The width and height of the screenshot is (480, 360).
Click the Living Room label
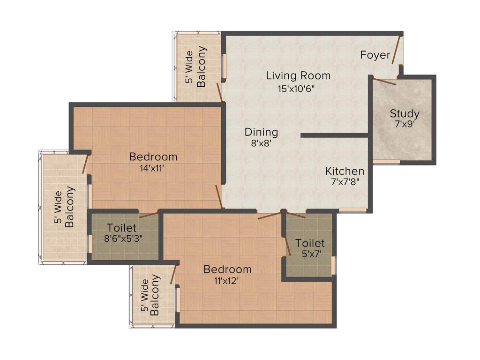pos(298,75)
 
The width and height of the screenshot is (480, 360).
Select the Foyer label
pos(375,55)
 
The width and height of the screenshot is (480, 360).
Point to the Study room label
pos(404,113)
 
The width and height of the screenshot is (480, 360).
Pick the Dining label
pos(261,132)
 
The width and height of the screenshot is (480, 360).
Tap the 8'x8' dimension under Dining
pos(261,143)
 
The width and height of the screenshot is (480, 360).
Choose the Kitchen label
pos(345,171)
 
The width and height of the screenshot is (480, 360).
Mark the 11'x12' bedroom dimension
pos(227,281)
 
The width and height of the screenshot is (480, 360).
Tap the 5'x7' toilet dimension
pos(309,255)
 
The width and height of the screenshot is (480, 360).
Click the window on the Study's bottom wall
pos(386,162)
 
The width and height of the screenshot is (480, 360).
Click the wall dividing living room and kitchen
pos(334,135)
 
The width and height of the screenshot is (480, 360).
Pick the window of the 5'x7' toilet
pos(333,265)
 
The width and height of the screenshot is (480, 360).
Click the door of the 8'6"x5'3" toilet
pos(149,215)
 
